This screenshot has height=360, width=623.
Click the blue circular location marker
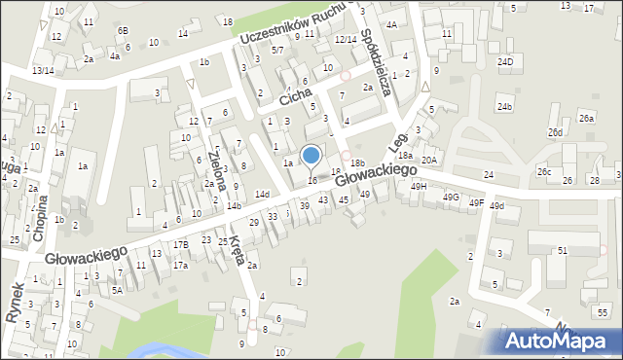click(311, 155)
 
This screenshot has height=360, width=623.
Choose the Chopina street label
click(40, 217)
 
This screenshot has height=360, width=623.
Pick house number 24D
click(504, 61)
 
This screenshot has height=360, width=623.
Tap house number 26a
click(586, 118)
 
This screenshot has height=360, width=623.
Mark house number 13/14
click(42, 70)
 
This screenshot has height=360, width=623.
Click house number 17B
click(181, 244)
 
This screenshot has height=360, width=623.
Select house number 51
click(563, 250)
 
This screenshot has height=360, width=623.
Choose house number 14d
click(262, 195)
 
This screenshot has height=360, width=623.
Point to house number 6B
click(123, 30)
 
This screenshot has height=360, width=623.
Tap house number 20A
click(429, 160)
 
